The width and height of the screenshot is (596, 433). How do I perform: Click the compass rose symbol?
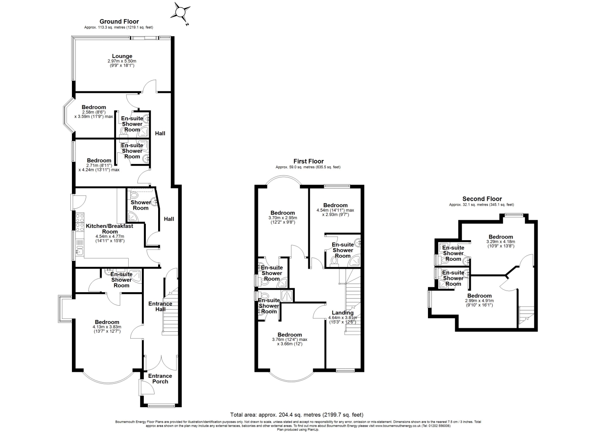pyautogui.click(x=180, y=13)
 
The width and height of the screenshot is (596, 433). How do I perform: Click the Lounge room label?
pyautogui.click(x=122, y=56)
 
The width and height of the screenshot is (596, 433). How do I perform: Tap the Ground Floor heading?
pyautogui.click(x=119, y=21)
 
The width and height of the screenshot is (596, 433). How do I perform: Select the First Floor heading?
pyautogui.click(x=308, y=162)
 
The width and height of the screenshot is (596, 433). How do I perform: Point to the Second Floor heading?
pyautogui.click(x=482, y=199)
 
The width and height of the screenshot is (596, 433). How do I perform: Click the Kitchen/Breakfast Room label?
pyautogui.click(x=110, y=229)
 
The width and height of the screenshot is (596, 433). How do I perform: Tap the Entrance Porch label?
pyautogui.click(x=160, y=379)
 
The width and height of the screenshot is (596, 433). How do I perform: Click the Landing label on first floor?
pyautogui.click(x=343, y=313)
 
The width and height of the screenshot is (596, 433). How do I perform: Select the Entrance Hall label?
pyautogui.click(x=160, y=306)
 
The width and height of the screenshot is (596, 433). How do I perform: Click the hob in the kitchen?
pyautogui.click(x=80, y=222)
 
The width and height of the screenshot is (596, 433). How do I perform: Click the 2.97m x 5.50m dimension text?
pyautogui.click(x=122, y=61)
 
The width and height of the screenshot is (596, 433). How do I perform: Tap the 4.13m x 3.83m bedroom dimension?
pyautogui.click(x=107, y=327)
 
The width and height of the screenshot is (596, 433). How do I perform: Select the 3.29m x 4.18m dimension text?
pyautogui.click(x=501, y=242)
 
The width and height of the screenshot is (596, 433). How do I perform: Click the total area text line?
pyautogui.click(x=297, y=415)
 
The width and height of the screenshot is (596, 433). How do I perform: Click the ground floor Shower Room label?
pyautogui.click(x=141, y=205)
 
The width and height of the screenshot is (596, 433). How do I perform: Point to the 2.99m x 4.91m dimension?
pyautogui.click(x=479, y=300)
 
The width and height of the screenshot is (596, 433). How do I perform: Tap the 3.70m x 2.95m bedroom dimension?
pyautogui.click(x=283, y=218)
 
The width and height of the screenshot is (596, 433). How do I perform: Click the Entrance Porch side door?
pyautogui.click(x=146, y=387)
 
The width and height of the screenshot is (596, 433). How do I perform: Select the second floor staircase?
pyautogui.click(x=526, y=317)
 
